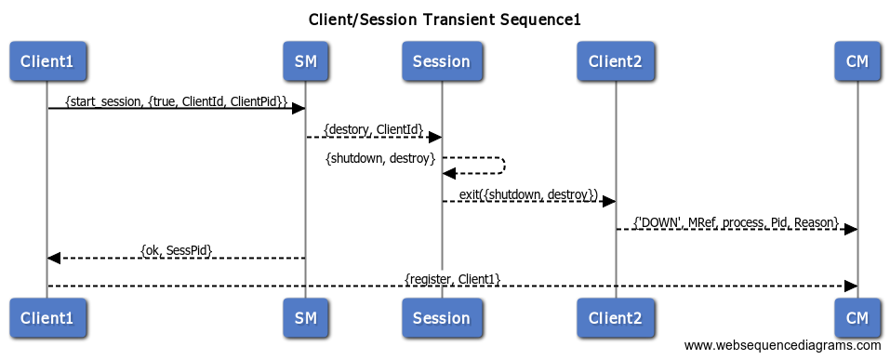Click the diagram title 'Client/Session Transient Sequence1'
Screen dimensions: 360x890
[x=445, y=20]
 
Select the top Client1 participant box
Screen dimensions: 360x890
[x=47, y=61]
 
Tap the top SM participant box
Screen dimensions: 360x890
[x=305, y=61]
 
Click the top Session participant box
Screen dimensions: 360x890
[x=441, y=61]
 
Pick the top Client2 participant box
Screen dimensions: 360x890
[x=615, y=61]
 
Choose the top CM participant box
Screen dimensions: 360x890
[x=857, y=61]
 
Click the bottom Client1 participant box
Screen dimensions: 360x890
[x=47, y=317]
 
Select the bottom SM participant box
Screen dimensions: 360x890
[x=305, y=317]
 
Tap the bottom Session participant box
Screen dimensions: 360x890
[x=441, y=317]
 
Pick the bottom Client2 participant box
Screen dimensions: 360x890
[x=615, y=317]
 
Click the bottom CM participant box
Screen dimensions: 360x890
[x=857, y=317]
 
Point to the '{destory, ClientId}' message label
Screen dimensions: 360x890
[x=373, y=128]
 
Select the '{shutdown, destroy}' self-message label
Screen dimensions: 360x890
[x=380, y=159]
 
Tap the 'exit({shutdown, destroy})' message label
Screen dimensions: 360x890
[x=527, y=193]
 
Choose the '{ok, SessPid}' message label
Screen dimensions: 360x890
[x=176, y=250]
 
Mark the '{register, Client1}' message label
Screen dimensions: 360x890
[x=452, y=278]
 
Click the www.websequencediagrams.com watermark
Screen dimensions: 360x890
[x=782, y=346]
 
